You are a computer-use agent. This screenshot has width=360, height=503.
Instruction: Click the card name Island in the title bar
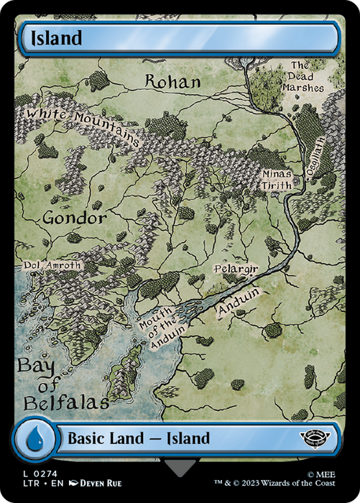point(55,38)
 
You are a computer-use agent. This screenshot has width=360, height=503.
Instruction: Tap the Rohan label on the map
point(172,81)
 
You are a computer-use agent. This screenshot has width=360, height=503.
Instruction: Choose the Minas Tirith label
point(277,179)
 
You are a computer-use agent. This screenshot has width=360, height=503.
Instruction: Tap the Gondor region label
point(74,217)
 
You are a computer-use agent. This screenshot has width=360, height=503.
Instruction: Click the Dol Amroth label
point(53,265)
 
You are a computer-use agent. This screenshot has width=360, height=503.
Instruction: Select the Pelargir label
point(236,270)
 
